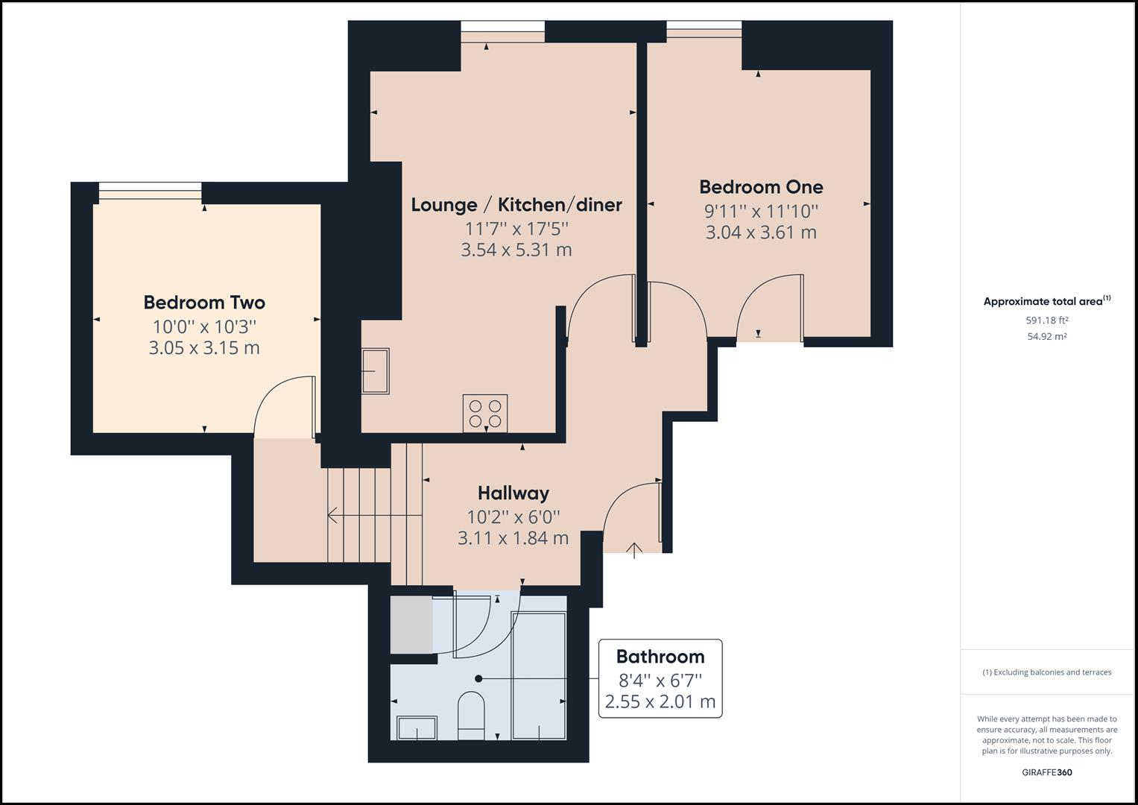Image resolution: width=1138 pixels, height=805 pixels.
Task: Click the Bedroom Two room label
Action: [x=204, y=303]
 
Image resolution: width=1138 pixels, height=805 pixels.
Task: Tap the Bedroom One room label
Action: [x=761, y=187]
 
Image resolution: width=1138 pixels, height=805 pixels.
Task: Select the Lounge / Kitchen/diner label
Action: [x=516, y=205]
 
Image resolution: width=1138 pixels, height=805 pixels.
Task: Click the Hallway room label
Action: [x=513, y=493]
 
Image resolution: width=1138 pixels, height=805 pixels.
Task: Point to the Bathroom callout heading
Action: [x=660, y=657]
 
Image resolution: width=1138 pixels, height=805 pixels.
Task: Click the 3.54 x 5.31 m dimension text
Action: [x=516, y=250]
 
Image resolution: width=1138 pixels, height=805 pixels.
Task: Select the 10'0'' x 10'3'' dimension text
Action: [x=204, y=326]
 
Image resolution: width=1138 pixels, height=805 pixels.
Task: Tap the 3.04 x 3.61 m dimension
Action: [x=761, y=232]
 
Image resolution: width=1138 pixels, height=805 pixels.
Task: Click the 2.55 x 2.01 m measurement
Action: [x=660, y=701]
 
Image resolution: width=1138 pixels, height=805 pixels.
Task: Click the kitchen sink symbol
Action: [x=376, y=370]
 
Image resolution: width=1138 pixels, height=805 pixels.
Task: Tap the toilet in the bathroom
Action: [x=470, y=714]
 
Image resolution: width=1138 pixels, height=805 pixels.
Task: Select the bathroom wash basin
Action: [x=417, y=727]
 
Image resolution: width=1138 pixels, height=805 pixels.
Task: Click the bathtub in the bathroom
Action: [x=538, y=675]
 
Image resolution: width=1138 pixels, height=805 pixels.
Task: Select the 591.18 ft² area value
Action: [x=1047, y=321]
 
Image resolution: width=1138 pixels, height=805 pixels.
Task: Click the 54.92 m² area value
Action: [x=1047, y=336]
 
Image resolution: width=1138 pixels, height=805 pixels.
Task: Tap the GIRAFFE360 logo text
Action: [x=1047, y=772]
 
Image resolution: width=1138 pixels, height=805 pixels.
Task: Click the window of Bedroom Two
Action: [x=150, y=192]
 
